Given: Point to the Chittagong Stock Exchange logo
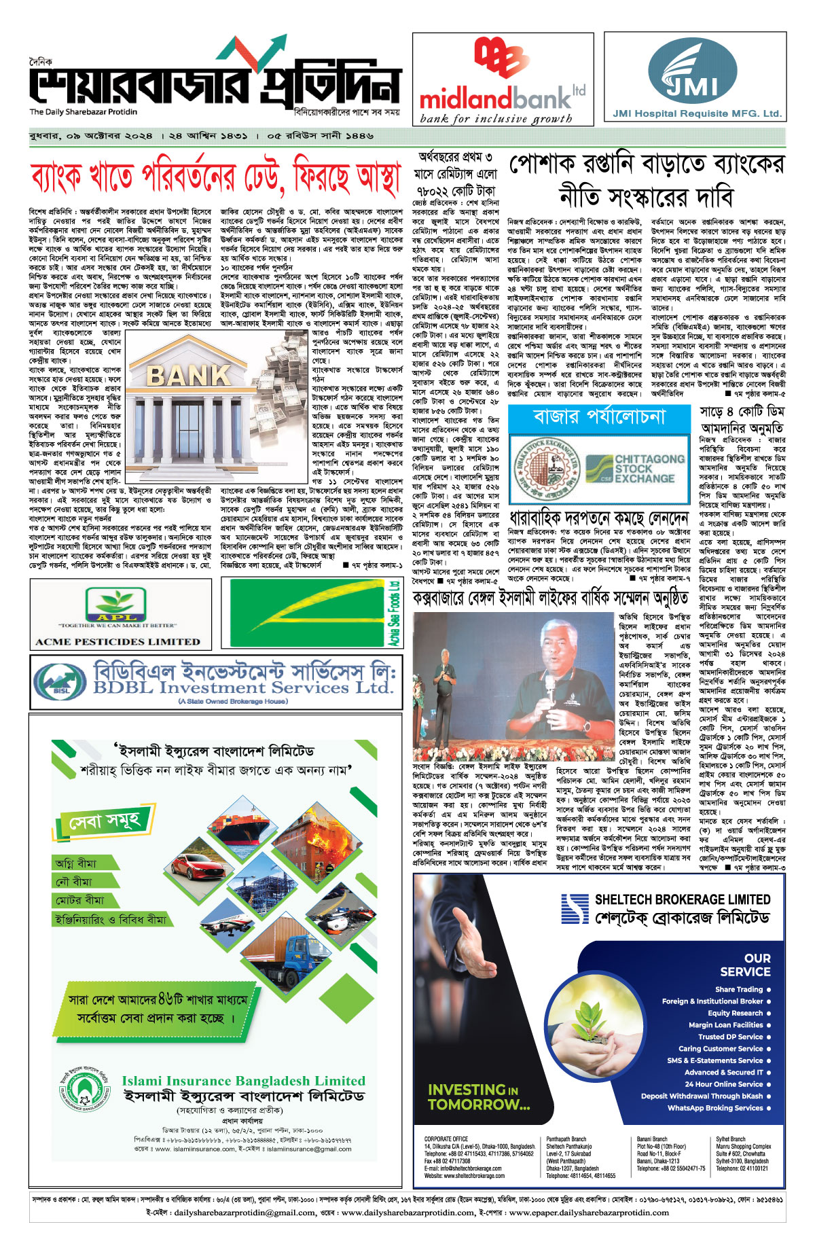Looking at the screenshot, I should click(635, 469).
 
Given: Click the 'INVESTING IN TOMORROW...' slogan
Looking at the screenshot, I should click(478, 1097).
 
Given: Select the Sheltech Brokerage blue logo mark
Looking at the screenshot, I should click(574, 908).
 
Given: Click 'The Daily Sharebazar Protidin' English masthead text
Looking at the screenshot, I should click(83, 112).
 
